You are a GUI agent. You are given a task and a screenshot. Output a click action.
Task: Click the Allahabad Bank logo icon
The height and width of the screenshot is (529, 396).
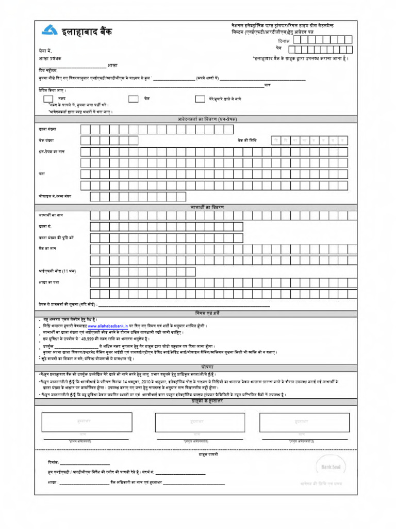tap(49, 31)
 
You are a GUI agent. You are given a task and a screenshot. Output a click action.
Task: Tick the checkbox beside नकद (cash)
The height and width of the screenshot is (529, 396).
tap(48, 98)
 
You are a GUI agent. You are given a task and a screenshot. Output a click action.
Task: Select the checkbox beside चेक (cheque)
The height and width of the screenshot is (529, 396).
tap(133, 98)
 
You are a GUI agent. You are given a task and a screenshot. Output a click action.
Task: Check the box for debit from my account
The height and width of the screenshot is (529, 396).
tap(200, 98)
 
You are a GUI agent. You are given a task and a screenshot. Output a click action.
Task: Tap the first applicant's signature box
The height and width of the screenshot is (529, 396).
tap(87, 422)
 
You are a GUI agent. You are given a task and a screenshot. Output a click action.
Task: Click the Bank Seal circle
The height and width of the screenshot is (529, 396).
tap(331, 466)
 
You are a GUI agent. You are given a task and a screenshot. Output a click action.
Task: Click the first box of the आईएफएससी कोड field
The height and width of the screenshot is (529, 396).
tap(95, 271)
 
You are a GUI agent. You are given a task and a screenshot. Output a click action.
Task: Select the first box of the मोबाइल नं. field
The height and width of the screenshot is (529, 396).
tap(95, 196)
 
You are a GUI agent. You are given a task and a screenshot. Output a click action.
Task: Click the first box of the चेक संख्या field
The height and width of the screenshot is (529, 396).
tap(86, 141)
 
